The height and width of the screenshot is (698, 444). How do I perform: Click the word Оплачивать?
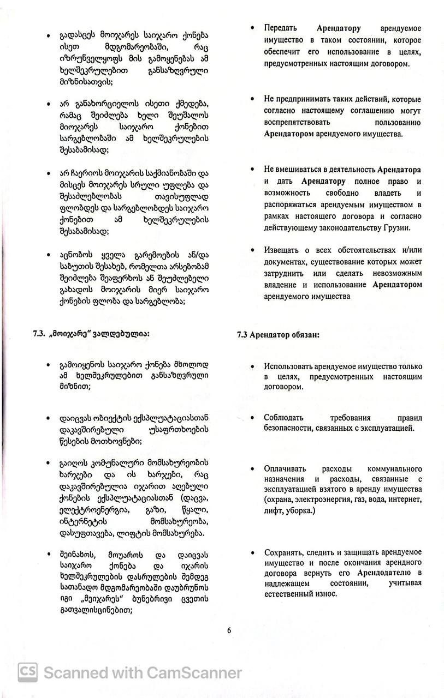(285, 468)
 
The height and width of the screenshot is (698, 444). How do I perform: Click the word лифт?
(273, 511)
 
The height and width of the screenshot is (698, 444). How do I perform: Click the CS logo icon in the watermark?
(27, 672)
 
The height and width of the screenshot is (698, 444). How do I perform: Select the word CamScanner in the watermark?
(193, 672)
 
